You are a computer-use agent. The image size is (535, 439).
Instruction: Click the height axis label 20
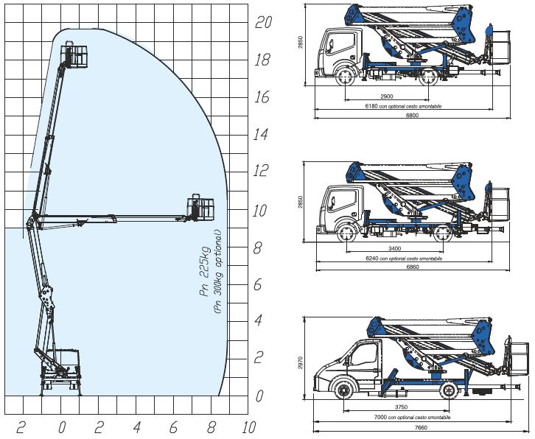tap(263, 22)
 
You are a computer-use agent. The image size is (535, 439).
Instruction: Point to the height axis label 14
tap(261, 134)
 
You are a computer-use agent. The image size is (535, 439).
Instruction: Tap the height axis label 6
tap(258, 284)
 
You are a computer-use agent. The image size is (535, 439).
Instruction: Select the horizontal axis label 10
tap(249, 427)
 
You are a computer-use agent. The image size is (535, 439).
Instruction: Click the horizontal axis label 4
tap(137, 427)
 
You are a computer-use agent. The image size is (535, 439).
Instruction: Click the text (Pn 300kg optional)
tap(218, 272)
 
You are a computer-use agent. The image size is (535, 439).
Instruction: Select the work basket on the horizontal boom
tap(200, 207)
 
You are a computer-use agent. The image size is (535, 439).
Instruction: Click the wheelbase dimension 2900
tap(387, 96)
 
